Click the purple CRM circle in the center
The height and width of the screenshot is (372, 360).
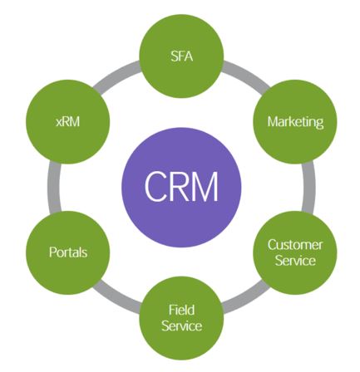click(x=181, y=188)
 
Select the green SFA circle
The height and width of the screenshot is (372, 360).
click(x=181, y=56)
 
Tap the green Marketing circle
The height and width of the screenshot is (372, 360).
click(x=295, y=122)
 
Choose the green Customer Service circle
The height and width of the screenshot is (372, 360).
click(x=295, y=252)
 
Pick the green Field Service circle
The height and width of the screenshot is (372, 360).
click(x=181, y=318)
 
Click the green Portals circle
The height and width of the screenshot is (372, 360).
click(x=67, y=252)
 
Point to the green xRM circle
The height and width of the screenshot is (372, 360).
click(x=67, y=122)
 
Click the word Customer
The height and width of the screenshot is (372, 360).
click(x=295, y=245)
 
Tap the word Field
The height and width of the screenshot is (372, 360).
click(x=181, y=310)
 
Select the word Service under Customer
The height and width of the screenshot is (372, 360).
click(x=295, y=261)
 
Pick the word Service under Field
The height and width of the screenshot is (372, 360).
click(x=181, y=325)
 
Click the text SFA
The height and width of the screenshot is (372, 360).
click(x=181, y=56)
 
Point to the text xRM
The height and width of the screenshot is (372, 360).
click(x=68, y=121)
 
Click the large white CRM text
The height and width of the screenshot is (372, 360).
click(x=181, y=186)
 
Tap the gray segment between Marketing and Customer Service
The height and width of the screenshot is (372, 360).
click(x=308, y=188)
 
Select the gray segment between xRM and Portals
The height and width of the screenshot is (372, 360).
click(x=54, y=188)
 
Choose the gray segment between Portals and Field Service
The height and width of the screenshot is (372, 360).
click(x=116, y=300)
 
